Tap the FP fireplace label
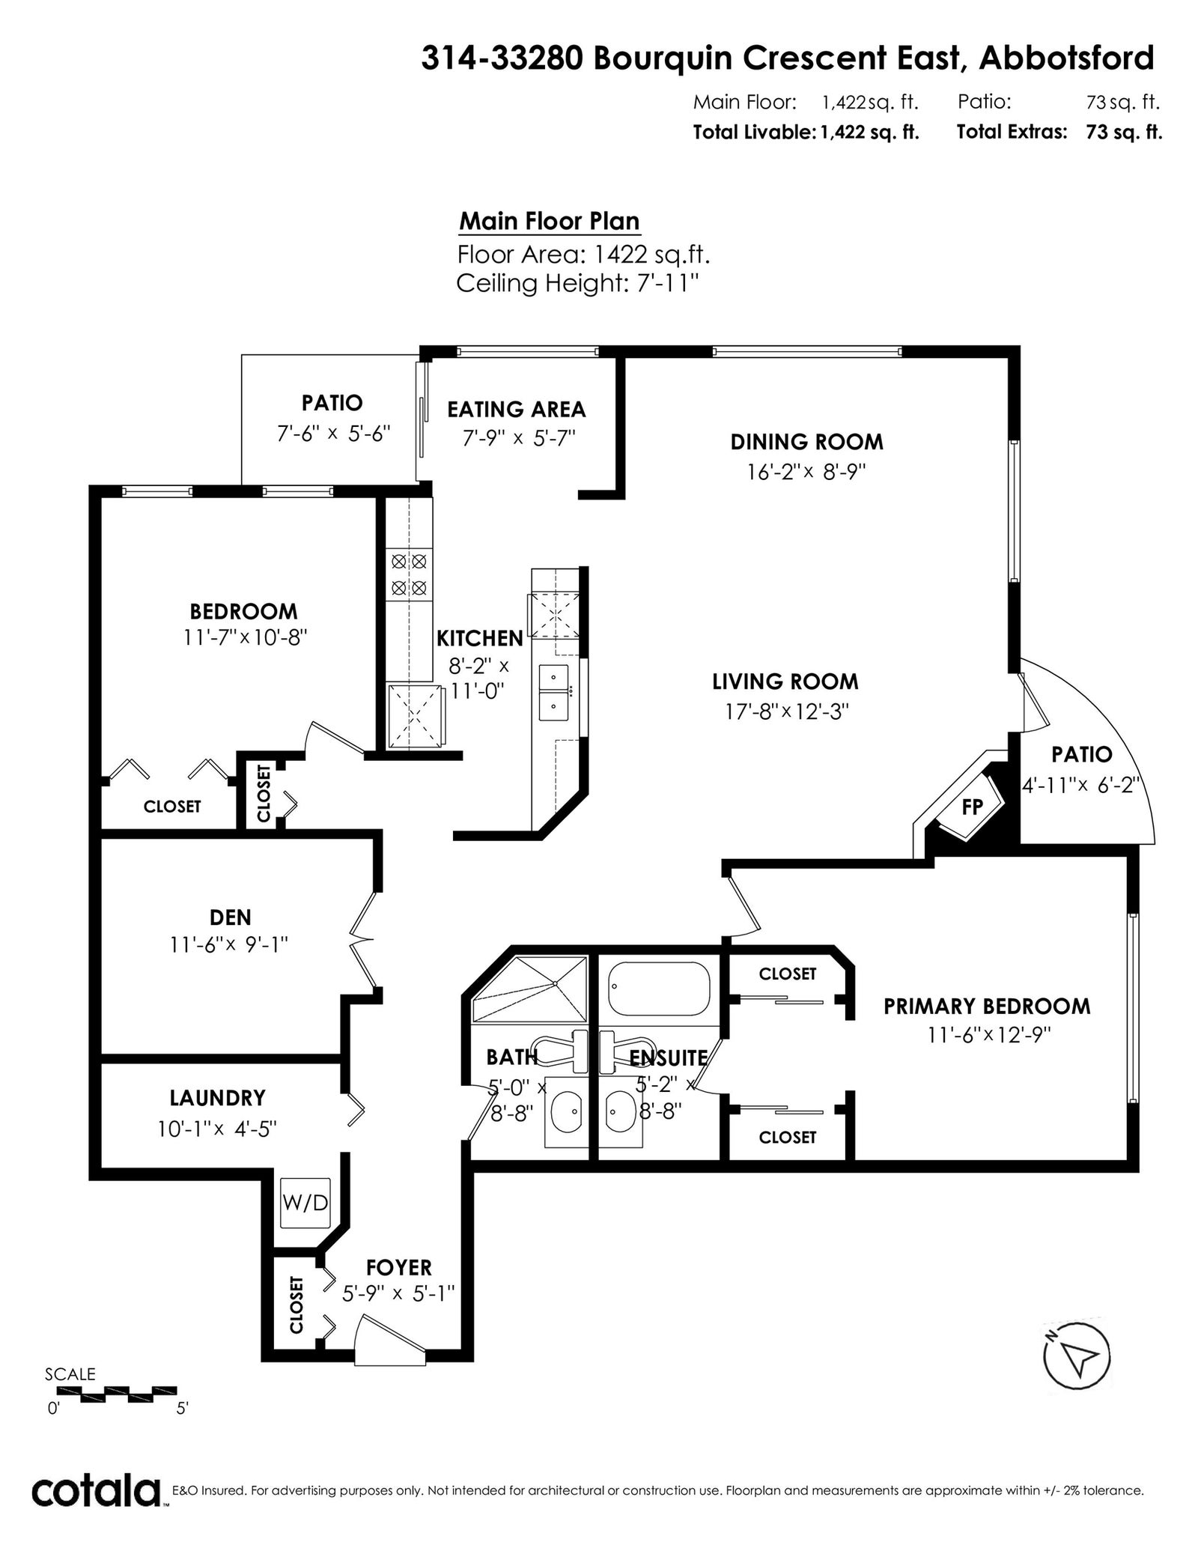pos(972,807)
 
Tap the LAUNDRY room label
pos(217,1098)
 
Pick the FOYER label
pos(399,1267)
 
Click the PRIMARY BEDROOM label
pos(987,1006)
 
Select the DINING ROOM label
pos(807,442)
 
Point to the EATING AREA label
pos(517,409)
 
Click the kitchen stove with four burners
pos(410,574)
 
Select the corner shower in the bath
pos(529,989)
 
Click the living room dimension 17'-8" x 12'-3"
pos(786,711)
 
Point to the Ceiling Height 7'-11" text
pos(578,284)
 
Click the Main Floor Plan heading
pos(549,222)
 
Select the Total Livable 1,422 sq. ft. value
pos(869,133)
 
